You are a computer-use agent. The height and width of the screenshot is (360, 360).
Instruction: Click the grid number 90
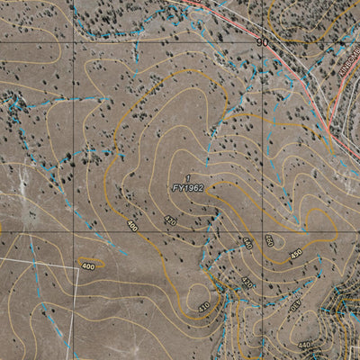[262, 42]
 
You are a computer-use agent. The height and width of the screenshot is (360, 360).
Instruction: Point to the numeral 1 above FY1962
[187, 177]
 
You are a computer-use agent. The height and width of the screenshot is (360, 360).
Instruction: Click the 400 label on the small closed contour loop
[87, 267]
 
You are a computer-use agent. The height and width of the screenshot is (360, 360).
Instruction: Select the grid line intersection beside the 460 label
[267, 231]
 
